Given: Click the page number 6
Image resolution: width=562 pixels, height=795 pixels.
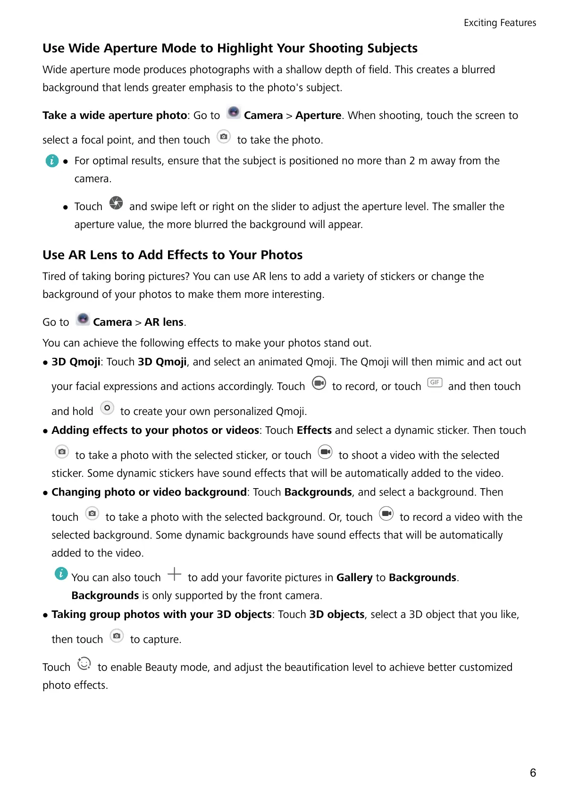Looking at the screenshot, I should tap(533, 773).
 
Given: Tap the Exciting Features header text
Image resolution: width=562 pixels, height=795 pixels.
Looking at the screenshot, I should tap(500, 23).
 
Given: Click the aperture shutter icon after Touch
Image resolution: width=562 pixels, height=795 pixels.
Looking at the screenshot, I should tap(116, 203).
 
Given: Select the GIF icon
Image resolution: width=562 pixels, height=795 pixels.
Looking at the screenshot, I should tap(435, 382).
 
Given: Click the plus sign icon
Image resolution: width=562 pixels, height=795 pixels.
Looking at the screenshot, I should tap(174, 574).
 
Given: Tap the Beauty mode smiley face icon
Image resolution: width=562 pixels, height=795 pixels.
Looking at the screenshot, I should tap(84, 664).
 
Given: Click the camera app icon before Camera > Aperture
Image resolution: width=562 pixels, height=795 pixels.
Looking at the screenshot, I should tap(234, 112).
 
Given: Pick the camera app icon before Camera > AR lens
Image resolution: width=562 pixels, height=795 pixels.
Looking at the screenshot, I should tap(83, 319).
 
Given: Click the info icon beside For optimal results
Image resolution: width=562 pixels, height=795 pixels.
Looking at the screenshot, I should tap(52, 161).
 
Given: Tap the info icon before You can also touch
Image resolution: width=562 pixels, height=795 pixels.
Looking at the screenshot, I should tap(61, 574).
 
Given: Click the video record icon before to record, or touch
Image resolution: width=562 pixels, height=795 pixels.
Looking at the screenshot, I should tap(319, 383).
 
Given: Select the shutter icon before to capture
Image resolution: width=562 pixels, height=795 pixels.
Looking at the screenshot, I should tap(117, 636).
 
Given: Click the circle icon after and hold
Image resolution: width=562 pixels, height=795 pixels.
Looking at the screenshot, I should tap(107, 408).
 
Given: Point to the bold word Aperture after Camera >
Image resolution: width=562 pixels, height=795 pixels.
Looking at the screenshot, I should tap(318, 116).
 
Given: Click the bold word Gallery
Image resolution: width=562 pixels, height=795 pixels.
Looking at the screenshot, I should tap(354, 578).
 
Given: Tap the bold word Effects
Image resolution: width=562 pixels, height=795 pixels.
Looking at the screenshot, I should tap(314, 431).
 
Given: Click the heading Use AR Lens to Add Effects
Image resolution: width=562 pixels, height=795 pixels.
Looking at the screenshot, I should tap(172, 255).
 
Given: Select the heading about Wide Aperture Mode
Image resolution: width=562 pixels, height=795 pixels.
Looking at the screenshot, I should tap(230, 48).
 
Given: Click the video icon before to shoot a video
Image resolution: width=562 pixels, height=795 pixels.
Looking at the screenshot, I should tap(325, 452).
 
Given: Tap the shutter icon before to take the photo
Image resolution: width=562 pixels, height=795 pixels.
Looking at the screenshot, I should tap(224, 137).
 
